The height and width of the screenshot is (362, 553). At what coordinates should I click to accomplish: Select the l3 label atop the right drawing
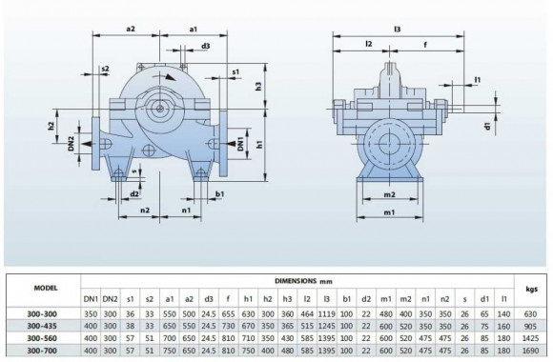point(396,30)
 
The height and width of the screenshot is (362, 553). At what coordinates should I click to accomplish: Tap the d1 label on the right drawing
point(486,125)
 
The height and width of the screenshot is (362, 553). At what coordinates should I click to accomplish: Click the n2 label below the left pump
point(144,211)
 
